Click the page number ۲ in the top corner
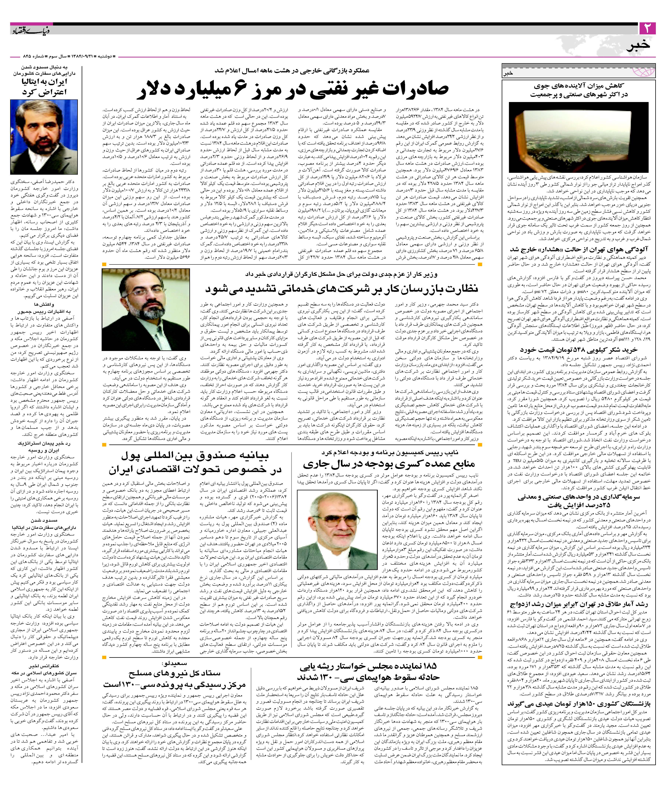(x=649, y=28)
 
